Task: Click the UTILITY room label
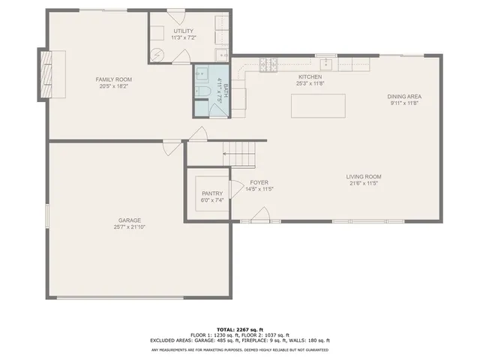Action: click(x=183, y=30)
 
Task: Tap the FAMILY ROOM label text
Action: click(x=113, y=79)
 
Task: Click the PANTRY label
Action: click(x=212, y=193)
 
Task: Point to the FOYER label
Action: click(x=259, y=183)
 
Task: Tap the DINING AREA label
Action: click(x=403, y=97)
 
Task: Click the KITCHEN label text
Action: click(x=310, y=76)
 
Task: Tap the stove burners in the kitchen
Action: click(x=267, y=66)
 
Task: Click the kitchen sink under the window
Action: click(x=327, y=64)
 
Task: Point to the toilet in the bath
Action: click(x=203, y=92)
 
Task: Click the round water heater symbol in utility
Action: click(x=159, y=55)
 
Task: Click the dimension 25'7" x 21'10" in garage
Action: click(x=129, y=226)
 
